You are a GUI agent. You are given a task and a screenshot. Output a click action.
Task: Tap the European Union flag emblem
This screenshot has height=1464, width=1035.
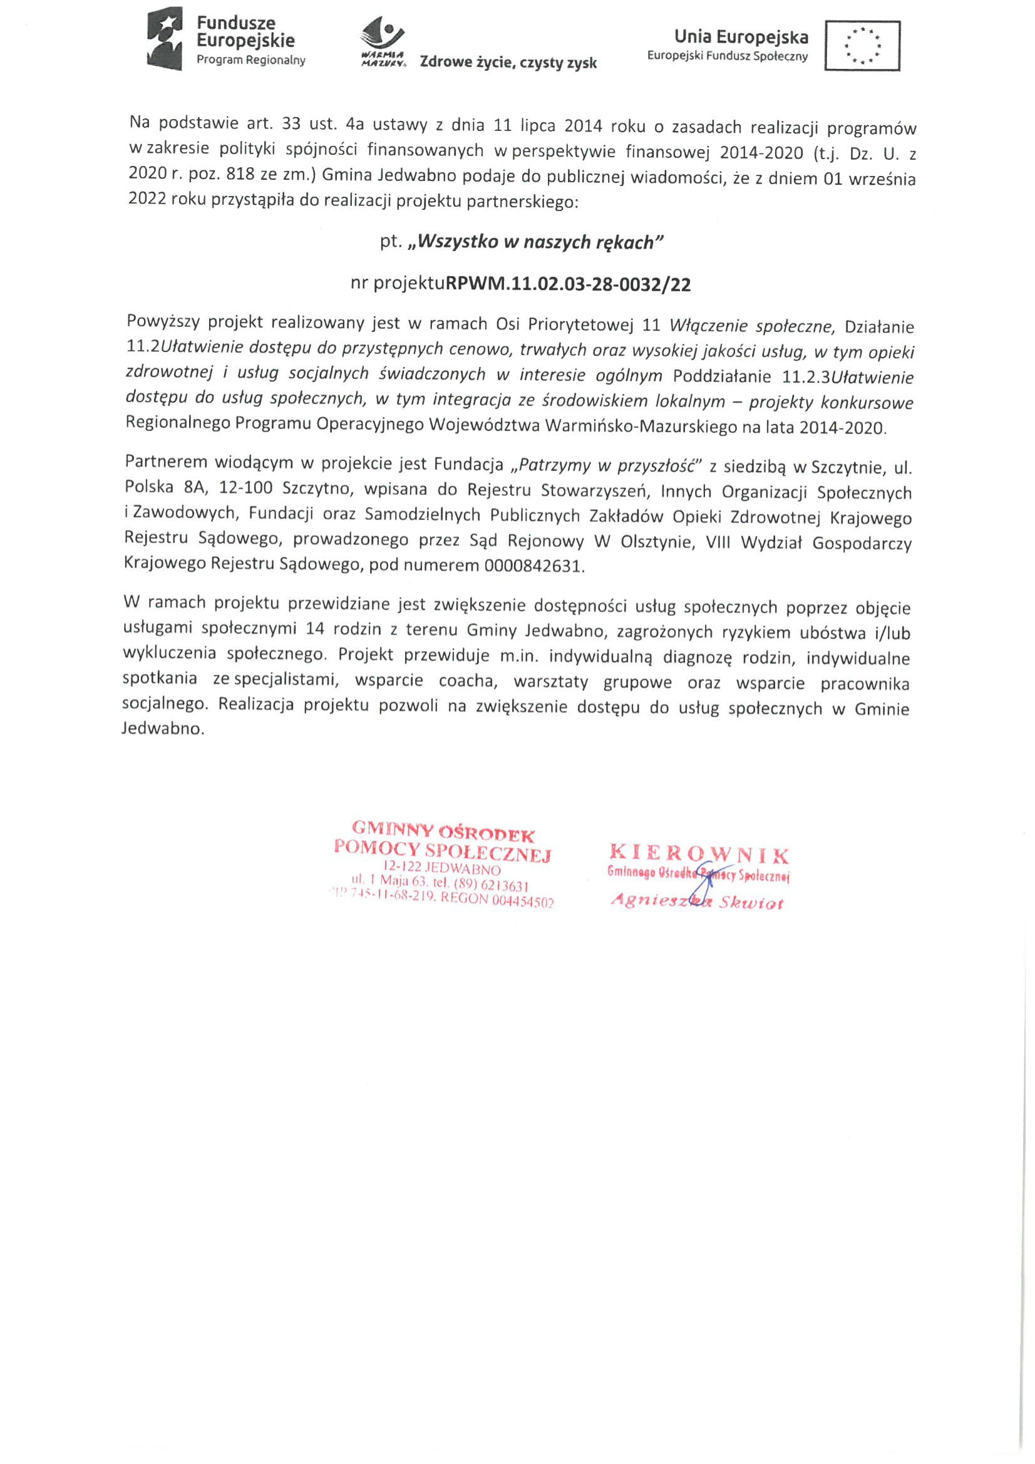click(x=862, y=45)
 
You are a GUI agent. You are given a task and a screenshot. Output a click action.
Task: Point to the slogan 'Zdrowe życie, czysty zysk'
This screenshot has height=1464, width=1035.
click(x=508, y=63)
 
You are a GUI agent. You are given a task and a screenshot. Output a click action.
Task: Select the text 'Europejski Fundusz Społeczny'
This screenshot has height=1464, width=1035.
click(x=727, y=56)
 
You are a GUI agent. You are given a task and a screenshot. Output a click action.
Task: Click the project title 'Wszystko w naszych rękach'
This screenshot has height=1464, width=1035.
click(x=537, y=242)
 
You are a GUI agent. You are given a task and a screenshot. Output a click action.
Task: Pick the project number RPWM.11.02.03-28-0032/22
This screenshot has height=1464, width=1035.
click(x=568, y=284)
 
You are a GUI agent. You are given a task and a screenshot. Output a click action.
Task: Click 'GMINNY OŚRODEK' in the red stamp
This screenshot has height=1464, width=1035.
click(x=443, y=831)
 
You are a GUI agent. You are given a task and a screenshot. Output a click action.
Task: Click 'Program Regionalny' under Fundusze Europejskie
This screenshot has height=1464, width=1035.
click(x=250, y=61)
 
